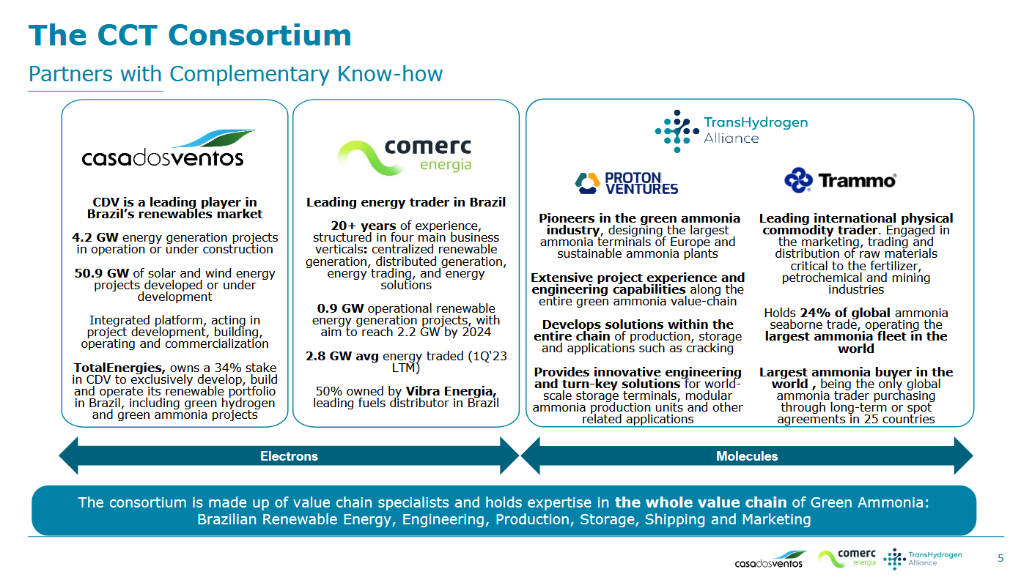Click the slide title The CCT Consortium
[x=190, y=35]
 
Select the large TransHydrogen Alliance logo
[x=731, y=130]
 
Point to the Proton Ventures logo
[x=626, y=182]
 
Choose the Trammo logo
[x=840, y=180]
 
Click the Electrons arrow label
[x=289, y=456]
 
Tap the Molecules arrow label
[x=747, y=456]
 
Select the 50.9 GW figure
[x=101, y=273]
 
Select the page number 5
[x=1000, y=559]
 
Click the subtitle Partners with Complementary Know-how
[x=235, y=74]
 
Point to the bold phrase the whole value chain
[x=701, y=502]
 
